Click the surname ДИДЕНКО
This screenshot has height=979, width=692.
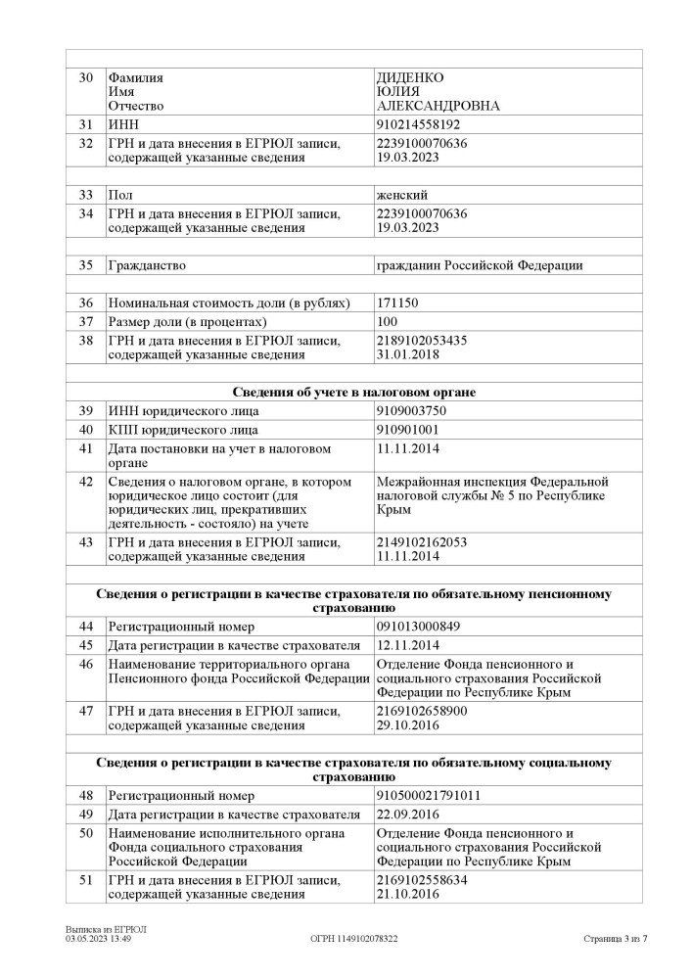pyautogui.click(x=410, y=76)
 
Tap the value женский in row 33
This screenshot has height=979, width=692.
pyautogui.click(x=402, y=195)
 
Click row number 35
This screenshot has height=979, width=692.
pyautogui.click(x=86, y=264)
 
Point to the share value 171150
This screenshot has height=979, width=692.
pyautogui.click(x=397, y=303)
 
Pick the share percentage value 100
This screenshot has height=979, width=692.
pyautogui.click(x=388, y=322)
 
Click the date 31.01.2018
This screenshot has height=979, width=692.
pyautogui.click(x=407, y=355)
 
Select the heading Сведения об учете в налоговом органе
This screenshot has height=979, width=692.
pyautogui.click(x=353, y=392)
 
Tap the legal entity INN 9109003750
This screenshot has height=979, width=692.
pyautogui.click(x=411, y=410)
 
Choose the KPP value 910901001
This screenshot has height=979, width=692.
pyautogui.click(x=408, y=430)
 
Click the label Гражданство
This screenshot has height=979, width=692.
pyautogui.click(x=147, y=264)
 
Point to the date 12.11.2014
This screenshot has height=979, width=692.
pyautogui.click(x=407, y=645)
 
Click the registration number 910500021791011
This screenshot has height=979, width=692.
pyautogui.click(x=428, y=796)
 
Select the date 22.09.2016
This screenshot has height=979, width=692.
pyautogui.click(x=407, y=815)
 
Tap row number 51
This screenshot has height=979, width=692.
pyautogui.click(x=86, y=880)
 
